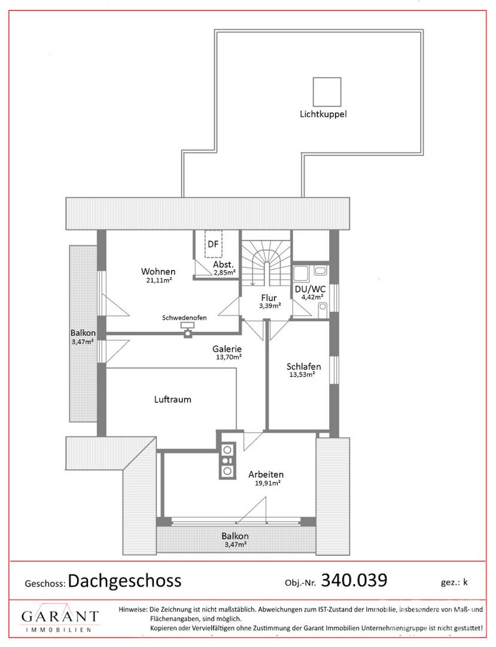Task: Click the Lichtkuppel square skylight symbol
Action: click(327, 92)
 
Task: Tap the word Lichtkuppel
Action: click(324, 114)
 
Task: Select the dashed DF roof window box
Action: click(213, 244)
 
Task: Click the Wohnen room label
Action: click(158, 271)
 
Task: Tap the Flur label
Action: click(268, 298)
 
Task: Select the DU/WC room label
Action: click(309, 288)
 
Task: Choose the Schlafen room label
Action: click(303, 367)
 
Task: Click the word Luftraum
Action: click(172, 399)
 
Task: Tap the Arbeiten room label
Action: click(266, 474)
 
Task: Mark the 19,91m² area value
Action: click(266, 483)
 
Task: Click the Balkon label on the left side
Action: click(82, 333)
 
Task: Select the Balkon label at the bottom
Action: click(235, 536)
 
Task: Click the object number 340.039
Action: click(354, 580)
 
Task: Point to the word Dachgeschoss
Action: click(124, 581)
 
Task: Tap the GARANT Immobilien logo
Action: click(60, 619)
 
